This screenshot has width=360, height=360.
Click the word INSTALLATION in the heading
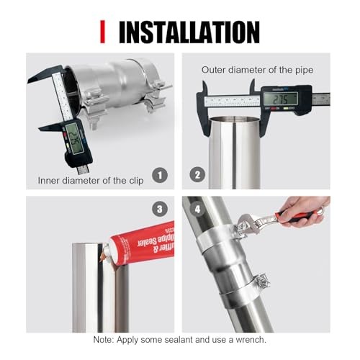click(x=188, y=32)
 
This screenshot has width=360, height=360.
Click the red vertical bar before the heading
click(x=103, y=32)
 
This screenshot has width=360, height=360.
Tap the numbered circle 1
click(x=161, y=174)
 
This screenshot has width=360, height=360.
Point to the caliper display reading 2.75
click(x=280, y=98)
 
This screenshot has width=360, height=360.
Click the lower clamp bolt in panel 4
click(x=263, y=279)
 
